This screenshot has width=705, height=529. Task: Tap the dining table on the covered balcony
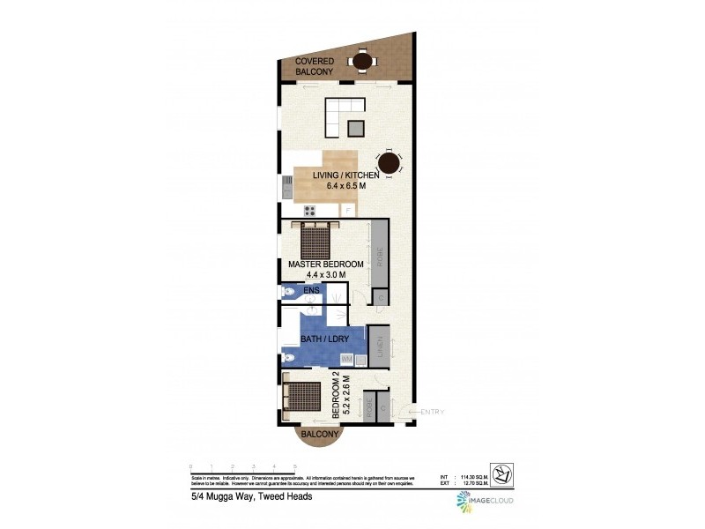tap(361, 61)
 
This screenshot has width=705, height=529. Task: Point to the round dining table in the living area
tap(389, 164)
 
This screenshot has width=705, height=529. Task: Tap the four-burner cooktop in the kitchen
tap(310, 211)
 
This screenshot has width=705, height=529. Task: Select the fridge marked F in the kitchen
tap(347, 210)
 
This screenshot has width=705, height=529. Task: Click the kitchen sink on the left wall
tap(287, 186)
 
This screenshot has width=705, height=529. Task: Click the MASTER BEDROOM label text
tap(325, 264)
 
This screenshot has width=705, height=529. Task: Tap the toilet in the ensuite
tap(289, 292)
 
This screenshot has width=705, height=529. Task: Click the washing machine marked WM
tap(348, 359)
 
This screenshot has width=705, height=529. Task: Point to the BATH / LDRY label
tap(323, 339)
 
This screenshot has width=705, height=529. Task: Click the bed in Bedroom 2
tap(301, 397)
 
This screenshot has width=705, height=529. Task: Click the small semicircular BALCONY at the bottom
tap(319, 435)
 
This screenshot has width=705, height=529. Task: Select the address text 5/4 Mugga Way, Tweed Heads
tap(251, 496)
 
